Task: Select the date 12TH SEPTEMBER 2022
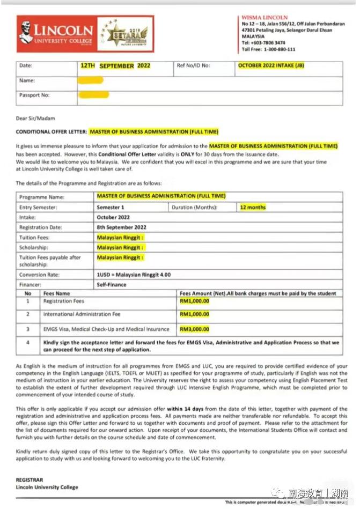(x=115, y=66)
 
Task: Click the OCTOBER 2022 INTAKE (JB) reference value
(x=270, y=65)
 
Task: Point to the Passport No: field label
(x=34, y=95)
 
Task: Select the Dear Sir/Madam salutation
(x=35, y=119)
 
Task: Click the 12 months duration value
(x=253, y=207)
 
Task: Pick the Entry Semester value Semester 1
(x=111, y=207)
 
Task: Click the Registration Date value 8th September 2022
(x=119, y=227)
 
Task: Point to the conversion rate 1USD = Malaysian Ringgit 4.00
(x=134, y=275)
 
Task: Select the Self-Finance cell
(x=112, y=285)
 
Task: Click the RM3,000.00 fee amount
(x=195, y=329)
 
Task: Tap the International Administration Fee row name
(x=82, y=314)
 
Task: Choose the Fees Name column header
(x=56, y=294)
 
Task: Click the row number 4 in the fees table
(x=28, y=342)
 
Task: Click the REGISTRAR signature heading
(x=30, y=480)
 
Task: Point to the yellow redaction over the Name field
(x=91, y=80)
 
